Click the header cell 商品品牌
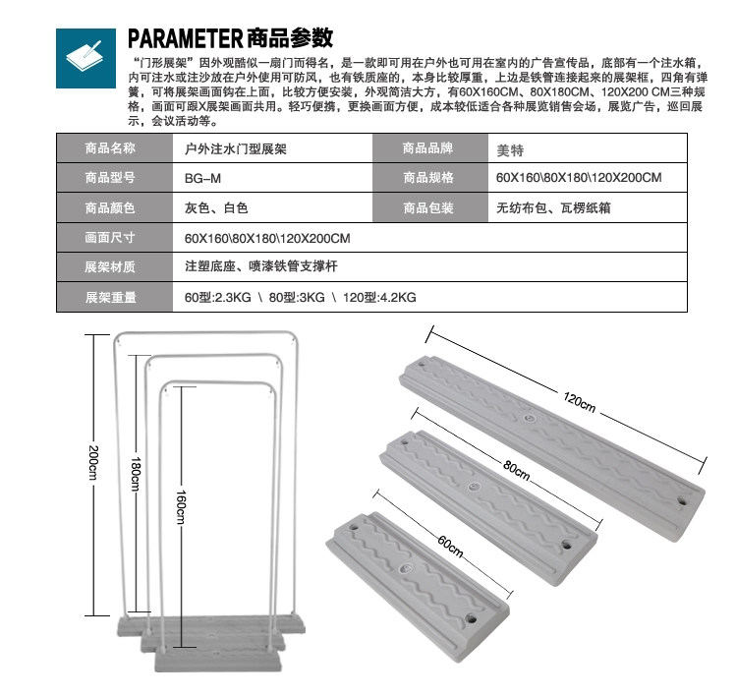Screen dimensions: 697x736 [428, 149]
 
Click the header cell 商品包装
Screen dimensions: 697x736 [428, 208]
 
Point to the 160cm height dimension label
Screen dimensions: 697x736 [181, 504]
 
